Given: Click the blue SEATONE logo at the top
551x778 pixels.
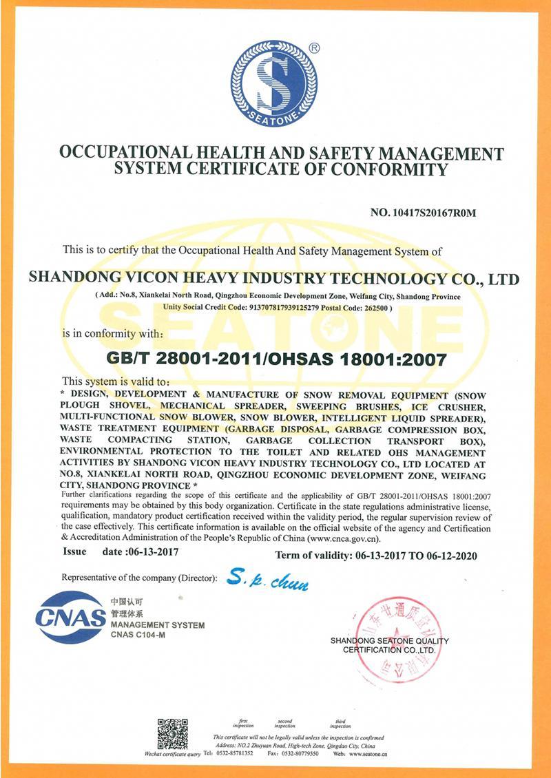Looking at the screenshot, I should tap(273, 83).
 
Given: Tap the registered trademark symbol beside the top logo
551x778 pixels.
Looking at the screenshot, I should tap(314, 48).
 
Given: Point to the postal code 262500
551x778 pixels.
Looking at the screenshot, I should tap(372, 308).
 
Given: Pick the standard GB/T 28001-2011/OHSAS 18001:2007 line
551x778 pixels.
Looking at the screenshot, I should tap(276, 358).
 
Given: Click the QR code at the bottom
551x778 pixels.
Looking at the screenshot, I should tap(172, 733).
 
